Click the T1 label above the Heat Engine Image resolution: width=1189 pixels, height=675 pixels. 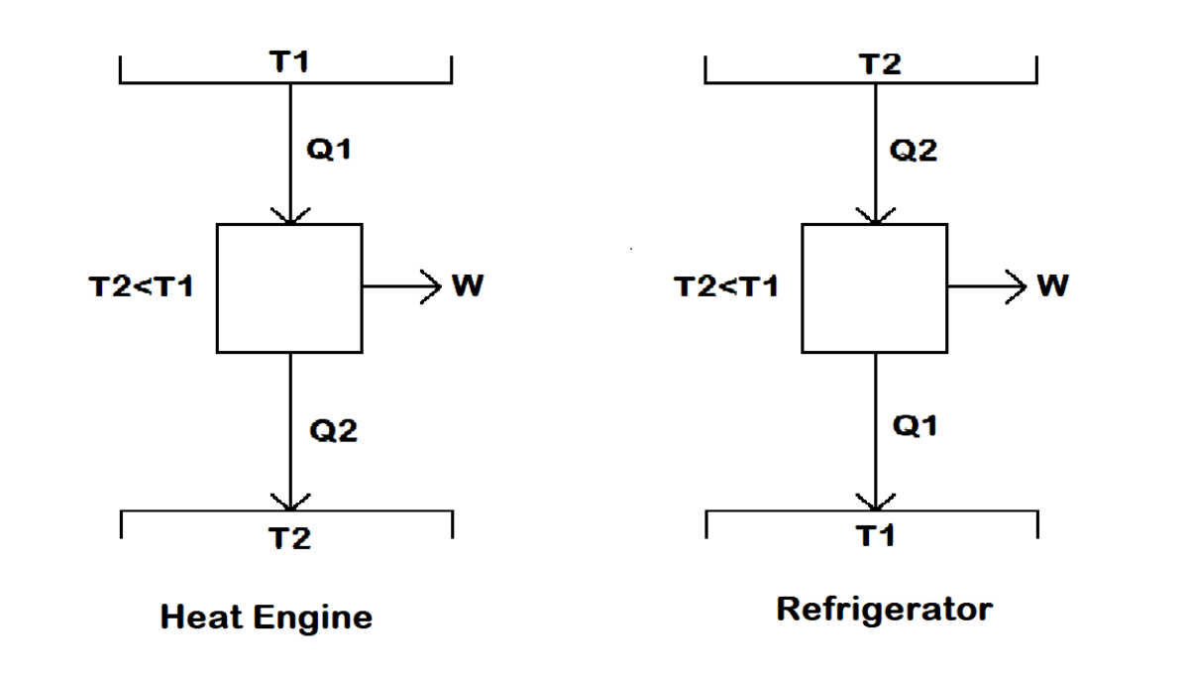tap(289, 62)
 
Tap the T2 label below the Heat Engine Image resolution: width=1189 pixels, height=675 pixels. tap(290, 538)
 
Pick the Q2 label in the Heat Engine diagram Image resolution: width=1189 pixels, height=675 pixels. tap(333, 430)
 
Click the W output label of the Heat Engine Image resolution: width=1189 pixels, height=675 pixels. tap(467, 286)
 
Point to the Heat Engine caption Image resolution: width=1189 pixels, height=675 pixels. tap(267, 618)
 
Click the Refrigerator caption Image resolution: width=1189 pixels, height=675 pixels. tap(884, 608)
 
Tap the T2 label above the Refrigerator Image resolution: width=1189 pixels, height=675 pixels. tap(880, 65)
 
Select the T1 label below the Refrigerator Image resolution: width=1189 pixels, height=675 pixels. tap(876, 536)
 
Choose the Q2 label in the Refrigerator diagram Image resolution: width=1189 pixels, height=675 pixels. tap(914, 151)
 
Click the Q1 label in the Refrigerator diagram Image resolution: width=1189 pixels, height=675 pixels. tap(915, 426)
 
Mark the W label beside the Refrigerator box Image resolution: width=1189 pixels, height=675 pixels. tap(1052, 286)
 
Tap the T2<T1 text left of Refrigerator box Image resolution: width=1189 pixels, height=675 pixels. tap(726, 287)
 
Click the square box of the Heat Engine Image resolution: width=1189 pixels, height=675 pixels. tap(289, 287)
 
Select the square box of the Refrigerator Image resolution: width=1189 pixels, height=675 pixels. tap(875, 287)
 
